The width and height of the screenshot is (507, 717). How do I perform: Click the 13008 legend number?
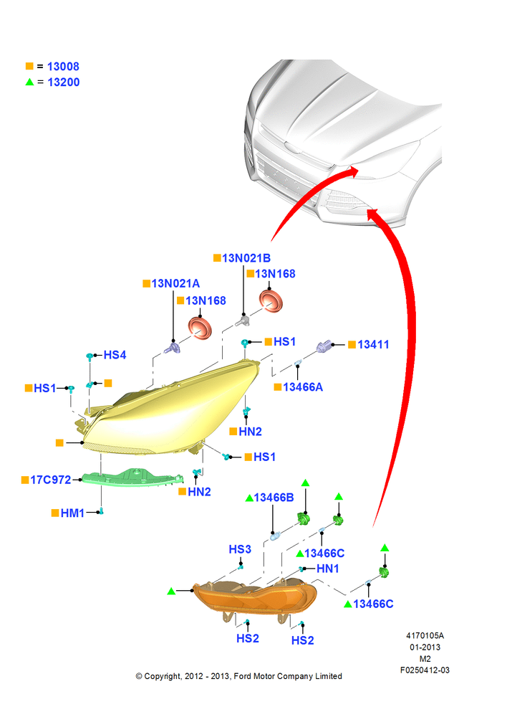pos(63,67)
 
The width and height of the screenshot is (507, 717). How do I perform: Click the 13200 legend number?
pos(64,82)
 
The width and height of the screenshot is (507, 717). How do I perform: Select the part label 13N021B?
pos(246,258)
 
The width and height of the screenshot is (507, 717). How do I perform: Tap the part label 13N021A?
pos(175,283)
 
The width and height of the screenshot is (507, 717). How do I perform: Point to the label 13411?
pos(373,345)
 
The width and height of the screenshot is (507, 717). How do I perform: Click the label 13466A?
pos(303,387)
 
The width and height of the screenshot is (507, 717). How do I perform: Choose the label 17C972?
pos(51,480)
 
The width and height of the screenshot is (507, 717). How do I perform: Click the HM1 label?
pos(72,513)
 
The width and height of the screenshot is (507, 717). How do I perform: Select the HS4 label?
pos(115,355)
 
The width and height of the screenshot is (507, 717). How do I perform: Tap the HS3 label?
pos(240,549)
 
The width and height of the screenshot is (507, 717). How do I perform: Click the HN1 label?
pos(327,569)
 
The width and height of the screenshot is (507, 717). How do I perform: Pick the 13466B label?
pos(274,498)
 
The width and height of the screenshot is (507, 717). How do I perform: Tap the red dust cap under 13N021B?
pos(271,300)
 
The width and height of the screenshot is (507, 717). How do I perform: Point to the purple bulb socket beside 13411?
pos(324,346)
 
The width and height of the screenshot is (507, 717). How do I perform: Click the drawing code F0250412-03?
pos(425,670)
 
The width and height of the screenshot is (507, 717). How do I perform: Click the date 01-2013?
pos(425,647)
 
